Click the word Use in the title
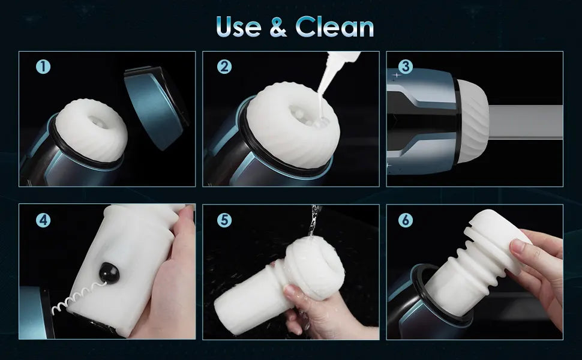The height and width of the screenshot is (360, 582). pos(239,27)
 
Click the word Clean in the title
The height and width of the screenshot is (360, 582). pos(335,27)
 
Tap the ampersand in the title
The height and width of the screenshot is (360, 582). pos(278,28)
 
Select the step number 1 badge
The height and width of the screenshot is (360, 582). pos(43,67)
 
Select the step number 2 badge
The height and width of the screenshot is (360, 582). pos(224,67)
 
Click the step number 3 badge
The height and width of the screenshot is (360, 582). pos(406,67)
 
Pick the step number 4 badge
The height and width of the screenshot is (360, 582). pos(43,220)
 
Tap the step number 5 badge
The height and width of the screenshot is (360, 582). pos(224,220)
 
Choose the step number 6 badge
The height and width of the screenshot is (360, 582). pos(406,220)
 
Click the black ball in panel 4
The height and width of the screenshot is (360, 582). pos(109,273)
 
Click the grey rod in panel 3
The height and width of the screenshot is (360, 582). pos(526,122)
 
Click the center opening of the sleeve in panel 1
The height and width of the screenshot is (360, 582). pos(99,122)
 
